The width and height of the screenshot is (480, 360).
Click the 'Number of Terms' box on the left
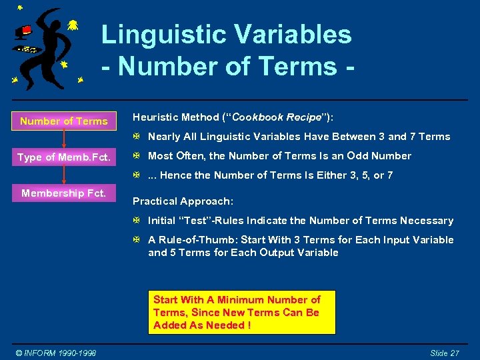pos(64,121)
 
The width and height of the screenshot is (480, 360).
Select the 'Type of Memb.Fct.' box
pos(64,157)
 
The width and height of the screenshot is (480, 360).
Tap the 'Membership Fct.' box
pos(64,193)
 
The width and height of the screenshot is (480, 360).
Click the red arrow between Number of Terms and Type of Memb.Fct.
pos(64,139)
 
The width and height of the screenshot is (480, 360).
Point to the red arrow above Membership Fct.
pos(64,175)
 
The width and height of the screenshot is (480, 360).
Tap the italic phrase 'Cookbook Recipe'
pos(276,117)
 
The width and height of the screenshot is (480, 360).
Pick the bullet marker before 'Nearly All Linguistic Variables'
pos(136,137)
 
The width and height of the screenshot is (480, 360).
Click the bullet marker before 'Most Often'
pos(136,156)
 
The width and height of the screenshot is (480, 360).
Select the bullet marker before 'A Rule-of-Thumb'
pos(136,240)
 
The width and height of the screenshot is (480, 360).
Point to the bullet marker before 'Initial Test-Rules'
pos(136,221)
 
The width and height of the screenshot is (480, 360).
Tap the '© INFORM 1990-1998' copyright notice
pos(57,353)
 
